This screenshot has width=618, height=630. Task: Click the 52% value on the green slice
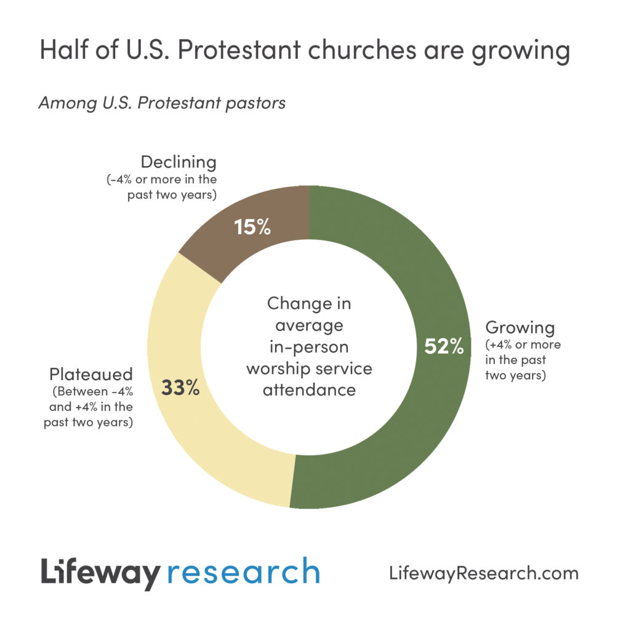pos(444,346)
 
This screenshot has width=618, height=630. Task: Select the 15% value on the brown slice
pos(252,227)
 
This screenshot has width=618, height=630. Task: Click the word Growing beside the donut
pos(520,327)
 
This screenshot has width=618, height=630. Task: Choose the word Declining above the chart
pos(179,162)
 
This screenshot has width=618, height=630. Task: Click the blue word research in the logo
pos(244,572)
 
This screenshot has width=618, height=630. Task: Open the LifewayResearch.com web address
pos(484,573)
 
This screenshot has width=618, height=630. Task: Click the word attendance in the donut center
pos(309,390)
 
